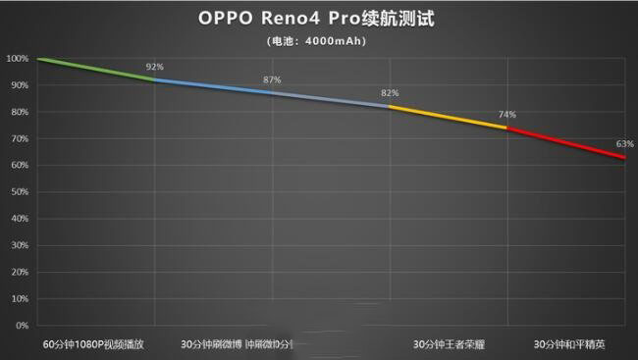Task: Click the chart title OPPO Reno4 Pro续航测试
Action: point(319,18)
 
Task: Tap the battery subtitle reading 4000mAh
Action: point(319,41)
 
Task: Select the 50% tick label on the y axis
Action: point(19,192)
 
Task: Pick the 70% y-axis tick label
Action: point(19,139)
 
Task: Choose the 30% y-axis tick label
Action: point(19,245)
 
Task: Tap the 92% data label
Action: point(155,67)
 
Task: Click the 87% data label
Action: point(272,79)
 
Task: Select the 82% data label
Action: point(390,93)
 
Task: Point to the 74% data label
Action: point(507,115)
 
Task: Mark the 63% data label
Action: point(624,144)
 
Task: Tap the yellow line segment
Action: point(449,117)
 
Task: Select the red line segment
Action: point(566,141)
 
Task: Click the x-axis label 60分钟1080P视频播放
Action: point(94,345)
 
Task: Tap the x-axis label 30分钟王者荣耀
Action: point(449,345)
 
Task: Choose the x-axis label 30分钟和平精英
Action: point(569,345)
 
